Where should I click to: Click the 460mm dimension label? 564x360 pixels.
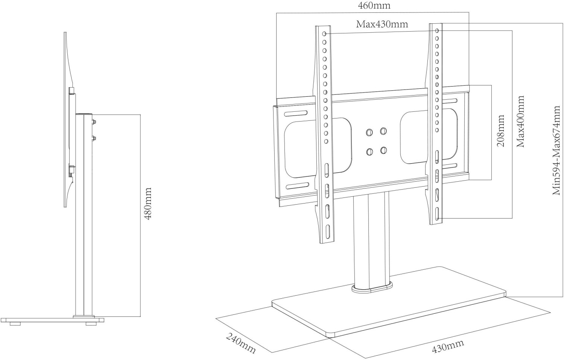tap(373, 6)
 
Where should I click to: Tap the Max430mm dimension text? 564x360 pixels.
tap(382, 24)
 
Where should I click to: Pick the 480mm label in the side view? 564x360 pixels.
tap(148, 204)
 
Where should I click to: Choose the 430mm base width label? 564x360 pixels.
tap(447, 346)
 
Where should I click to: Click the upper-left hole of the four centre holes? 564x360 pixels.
tap(369, 132)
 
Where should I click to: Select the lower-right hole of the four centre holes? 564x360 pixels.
tap(383, 150)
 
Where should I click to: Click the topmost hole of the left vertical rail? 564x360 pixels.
tap(324, 33)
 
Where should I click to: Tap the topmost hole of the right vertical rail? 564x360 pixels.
tap(437, 30)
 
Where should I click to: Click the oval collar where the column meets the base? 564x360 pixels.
tap(371, 287)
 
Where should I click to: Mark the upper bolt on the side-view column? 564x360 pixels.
tap(93, 122)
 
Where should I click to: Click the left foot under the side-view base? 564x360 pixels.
tap(15, 323)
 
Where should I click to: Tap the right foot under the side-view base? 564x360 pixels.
tap(91, 323)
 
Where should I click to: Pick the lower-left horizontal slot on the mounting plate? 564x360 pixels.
tap(297, 185)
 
